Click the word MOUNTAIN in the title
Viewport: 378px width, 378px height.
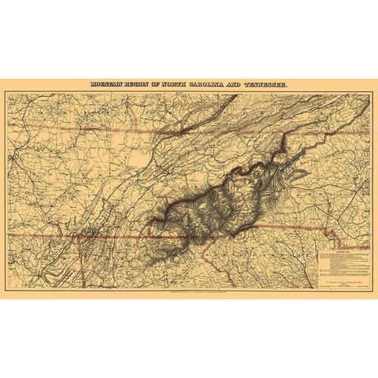tap(106, 83)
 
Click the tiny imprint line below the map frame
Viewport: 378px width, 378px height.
tap(189, 293)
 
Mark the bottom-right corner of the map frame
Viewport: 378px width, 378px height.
tap(371, 290)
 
